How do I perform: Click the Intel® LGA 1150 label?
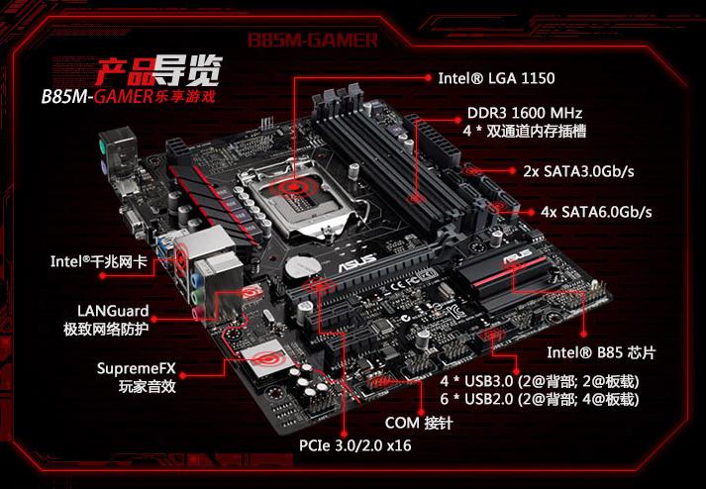(x=496, y=77)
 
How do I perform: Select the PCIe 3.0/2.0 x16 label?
(x=354, y=445)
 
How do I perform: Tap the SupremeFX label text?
(x=137, y=368)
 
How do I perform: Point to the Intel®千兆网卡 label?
(x=99, y=262)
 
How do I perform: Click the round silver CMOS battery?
(x=300, y=264)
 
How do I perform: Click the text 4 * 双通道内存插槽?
(x=525, y=132)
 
